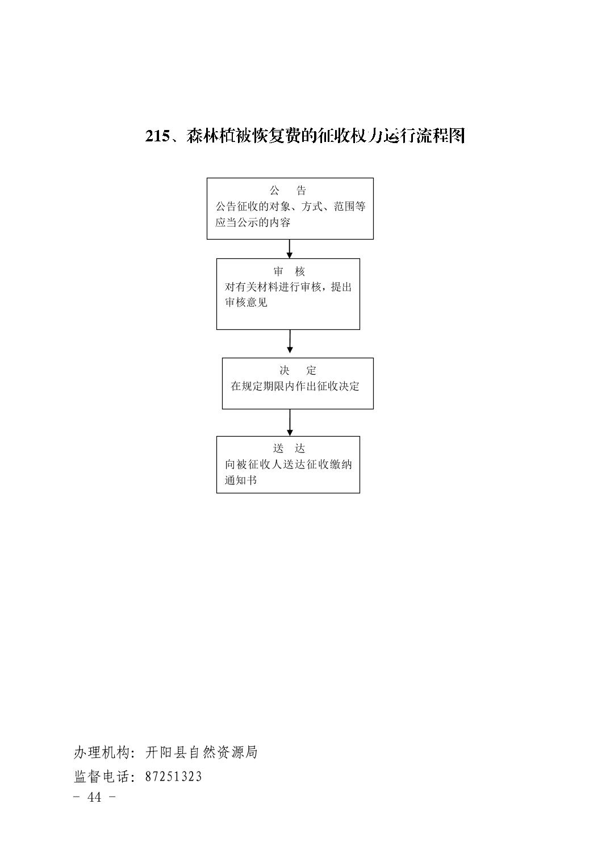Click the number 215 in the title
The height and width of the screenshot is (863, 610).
(x=157, y=136)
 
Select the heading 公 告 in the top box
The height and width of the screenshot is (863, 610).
(x=288, y=190)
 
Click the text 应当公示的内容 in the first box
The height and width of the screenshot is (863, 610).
(x=253, y=223)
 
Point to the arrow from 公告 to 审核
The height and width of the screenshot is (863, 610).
(x=290, y=249)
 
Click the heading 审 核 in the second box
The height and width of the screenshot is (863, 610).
(x=289, y=271)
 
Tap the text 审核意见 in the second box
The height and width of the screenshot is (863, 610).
(x=246, y=303)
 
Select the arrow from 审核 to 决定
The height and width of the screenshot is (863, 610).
(x=290, y=341)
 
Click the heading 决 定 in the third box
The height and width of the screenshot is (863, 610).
(x=298, y=371)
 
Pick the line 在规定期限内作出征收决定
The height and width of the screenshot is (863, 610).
(x=295, y=386)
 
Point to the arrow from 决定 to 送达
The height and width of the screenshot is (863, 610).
(x=290, y=422)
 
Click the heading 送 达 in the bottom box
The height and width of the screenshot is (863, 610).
(x=289, y=449)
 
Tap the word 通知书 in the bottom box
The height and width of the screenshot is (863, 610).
(x=241, y=480)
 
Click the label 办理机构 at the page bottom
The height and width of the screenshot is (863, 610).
(x=101, y=752)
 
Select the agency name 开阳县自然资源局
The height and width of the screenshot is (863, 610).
(x=202, y=752)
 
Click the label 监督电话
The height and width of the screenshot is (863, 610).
(x=101, y=776)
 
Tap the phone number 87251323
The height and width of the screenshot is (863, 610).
(x=173, y=777)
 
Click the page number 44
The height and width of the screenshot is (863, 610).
(x=94, y=797)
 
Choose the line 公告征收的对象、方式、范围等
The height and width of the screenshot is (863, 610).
(x=291, y=207)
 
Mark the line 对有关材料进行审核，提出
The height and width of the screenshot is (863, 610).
(x=288, y=287)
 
